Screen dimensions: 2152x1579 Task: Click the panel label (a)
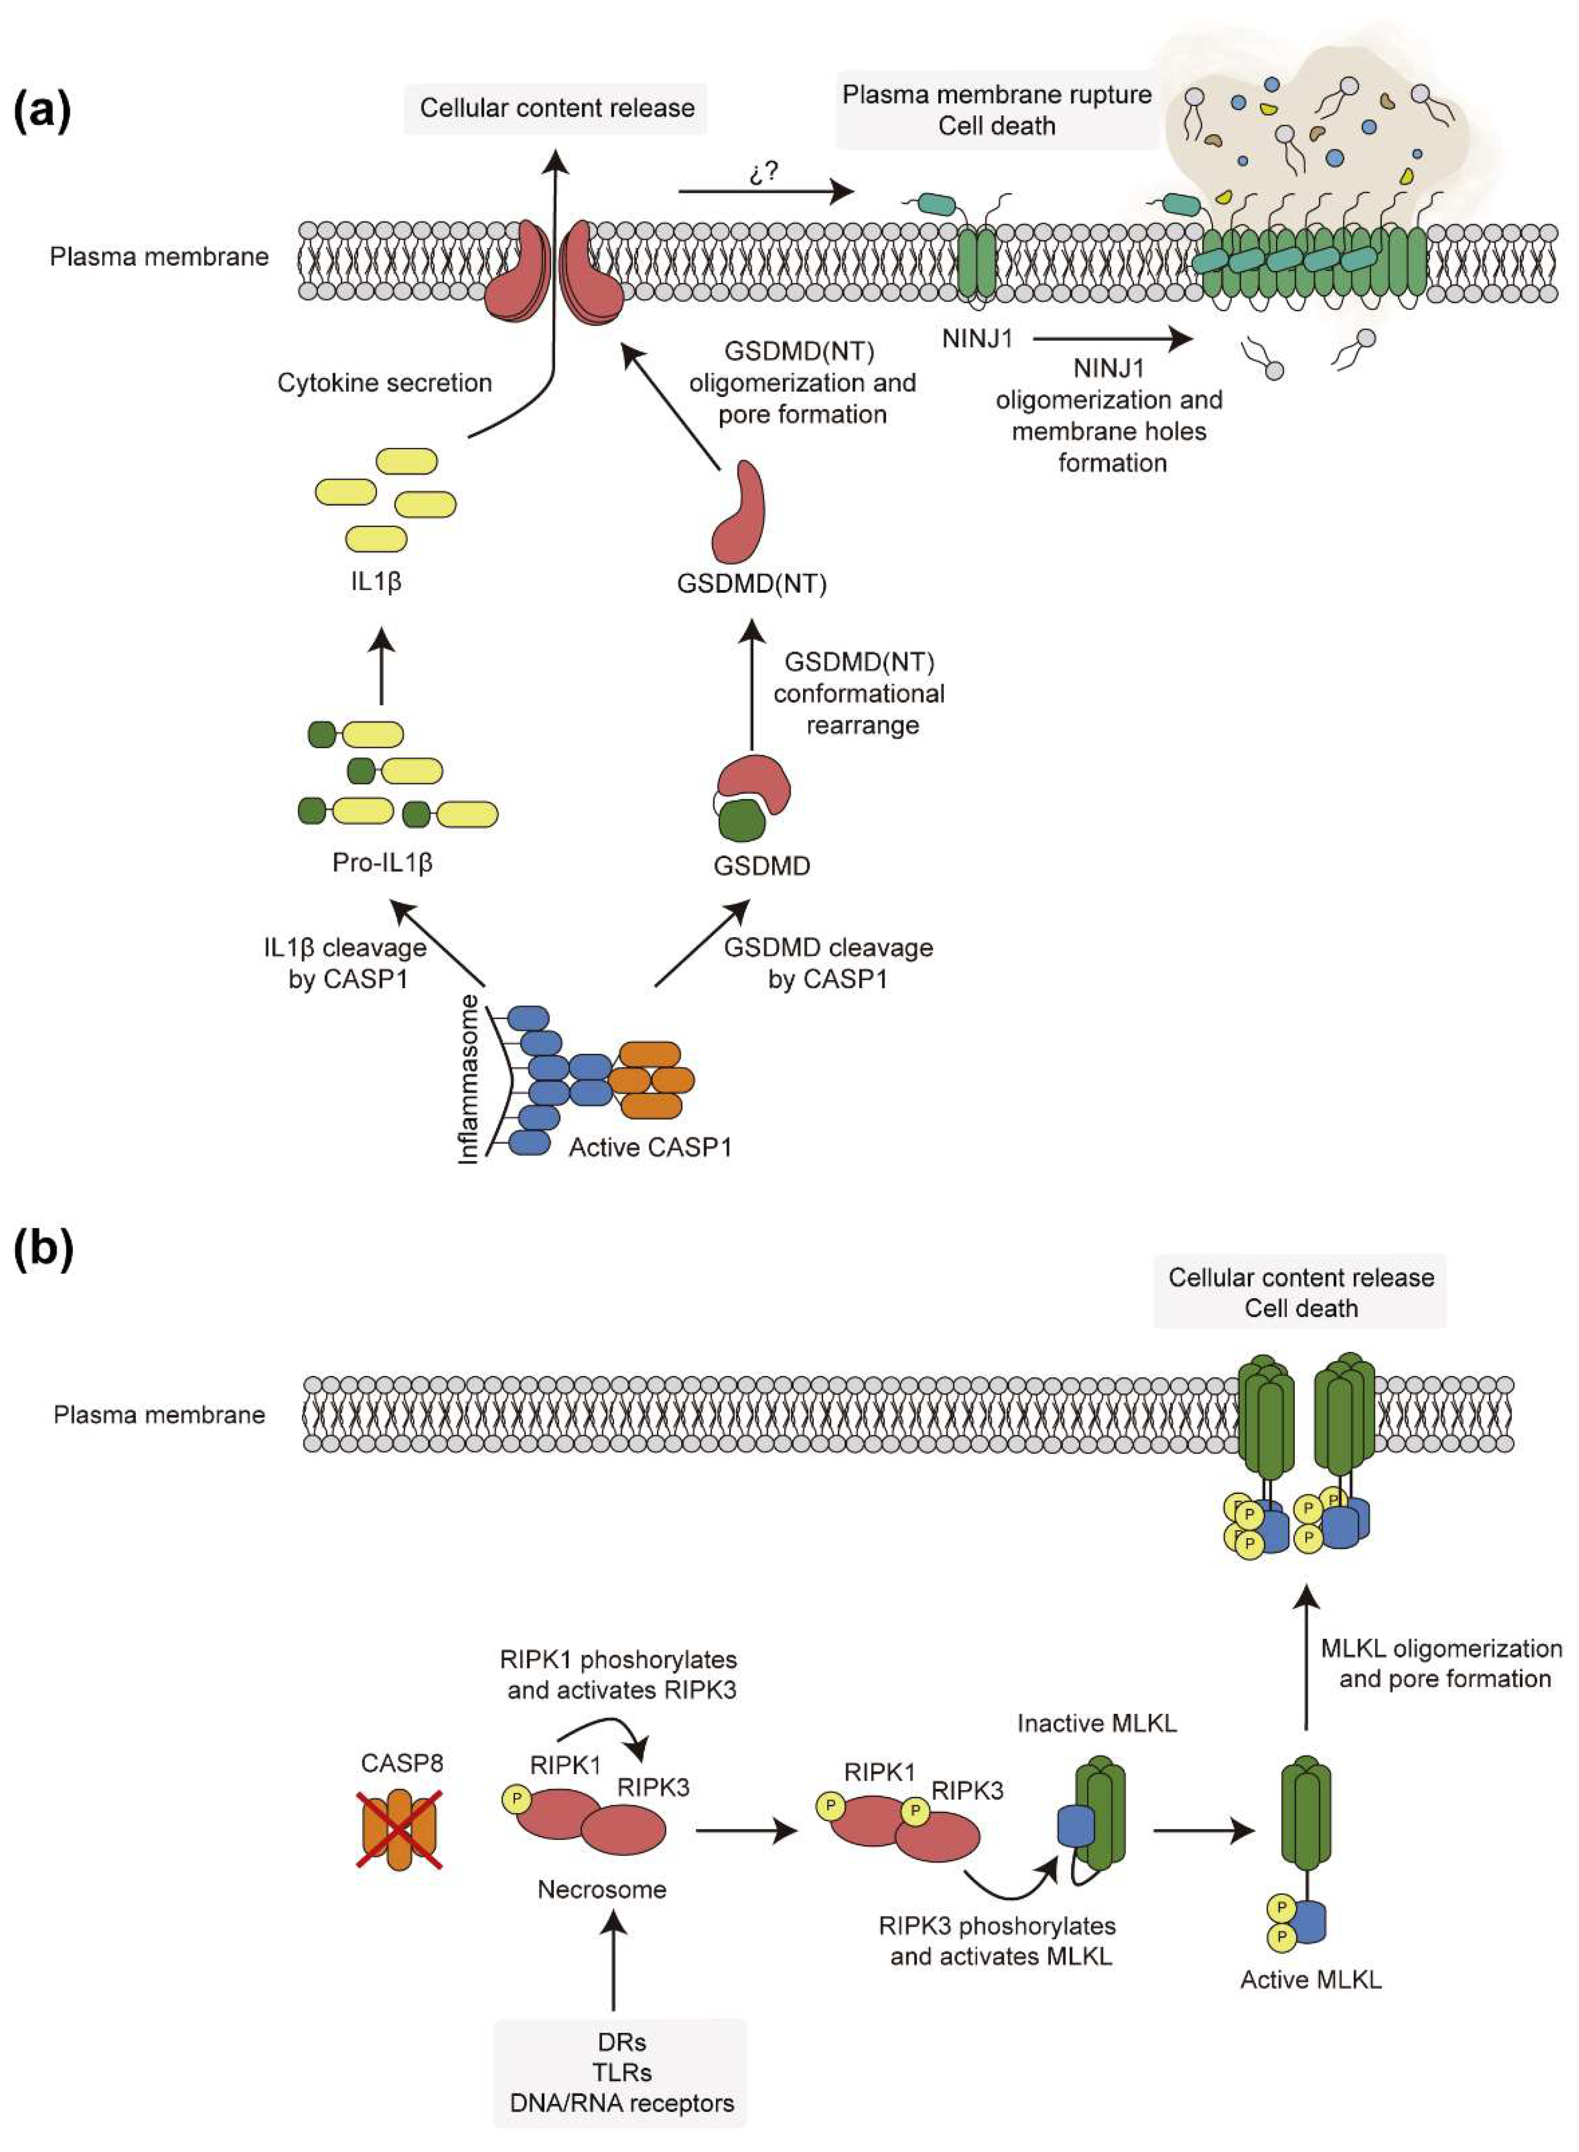(x=42, y=111)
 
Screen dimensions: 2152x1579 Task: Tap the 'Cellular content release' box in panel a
(x=556, y=108)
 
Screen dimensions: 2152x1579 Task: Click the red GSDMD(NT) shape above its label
(x=739, y=511)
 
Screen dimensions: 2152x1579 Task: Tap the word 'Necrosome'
(x=601, y=1889)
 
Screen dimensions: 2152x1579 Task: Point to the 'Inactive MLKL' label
(x=1096, y=1723)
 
